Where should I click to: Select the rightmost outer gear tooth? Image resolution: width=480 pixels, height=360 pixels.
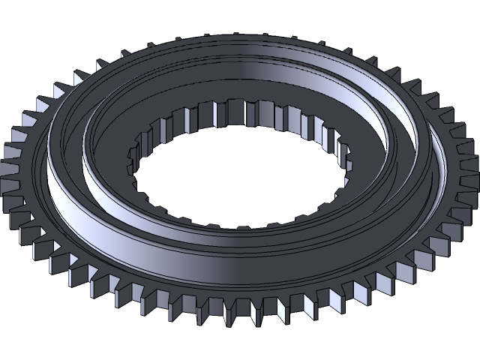[470, 187]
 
